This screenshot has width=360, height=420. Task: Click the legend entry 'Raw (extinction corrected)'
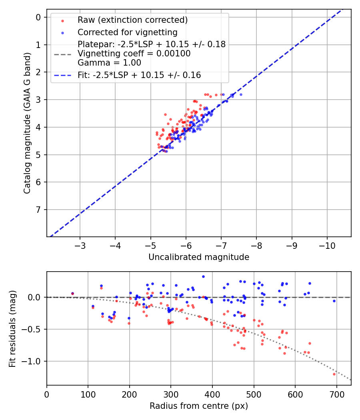(132, 20)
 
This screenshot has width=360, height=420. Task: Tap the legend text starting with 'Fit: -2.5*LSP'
(139, 75)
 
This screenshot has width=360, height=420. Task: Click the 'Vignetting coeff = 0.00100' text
(134, 54)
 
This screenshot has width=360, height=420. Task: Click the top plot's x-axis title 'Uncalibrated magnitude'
(199, 257)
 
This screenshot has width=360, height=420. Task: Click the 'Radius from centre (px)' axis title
(199, 406)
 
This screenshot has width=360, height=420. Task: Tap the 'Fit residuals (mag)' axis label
(12, 329)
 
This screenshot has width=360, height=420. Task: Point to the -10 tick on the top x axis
(327, 244)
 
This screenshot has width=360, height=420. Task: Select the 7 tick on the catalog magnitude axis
(38, 210)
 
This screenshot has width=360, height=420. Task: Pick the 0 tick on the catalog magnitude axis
(38, 17)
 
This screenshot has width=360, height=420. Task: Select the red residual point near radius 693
(334, 374)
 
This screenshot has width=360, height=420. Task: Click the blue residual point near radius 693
(334, 301)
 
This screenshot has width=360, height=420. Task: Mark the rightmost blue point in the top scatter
(241, 94)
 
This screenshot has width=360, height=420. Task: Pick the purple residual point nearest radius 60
(72, 293)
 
